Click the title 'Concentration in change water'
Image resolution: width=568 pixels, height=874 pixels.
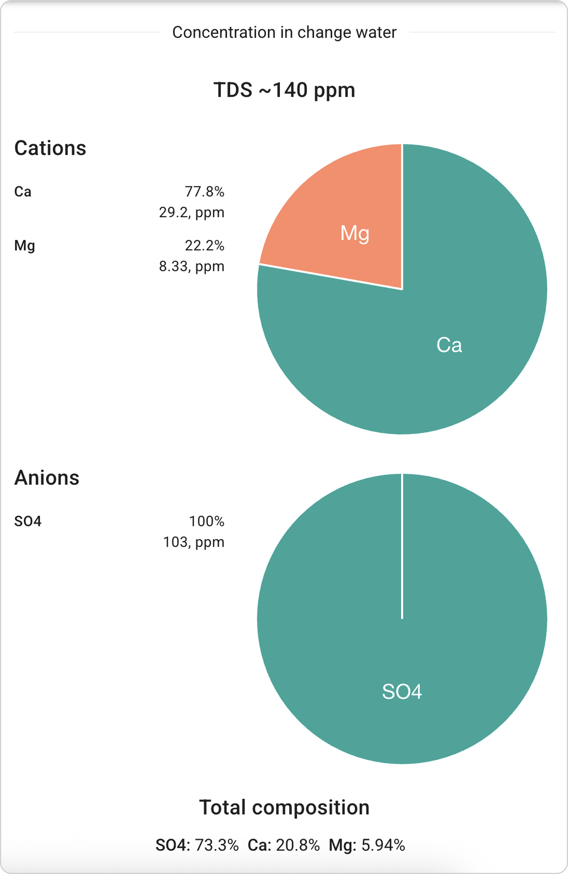[284, 32]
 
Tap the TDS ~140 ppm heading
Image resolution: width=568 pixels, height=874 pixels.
[284, 90]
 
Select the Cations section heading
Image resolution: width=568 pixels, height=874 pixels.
[50, 148]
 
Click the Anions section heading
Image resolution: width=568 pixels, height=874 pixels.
[47, 478]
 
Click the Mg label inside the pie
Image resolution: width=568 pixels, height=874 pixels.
[355, 234]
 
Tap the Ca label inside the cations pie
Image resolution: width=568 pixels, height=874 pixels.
[449, 345]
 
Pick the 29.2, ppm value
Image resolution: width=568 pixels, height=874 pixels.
[191, 212]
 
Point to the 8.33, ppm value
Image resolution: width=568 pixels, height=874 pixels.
[191, 266]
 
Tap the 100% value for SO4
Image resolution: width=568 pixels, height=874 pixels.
[206, 521]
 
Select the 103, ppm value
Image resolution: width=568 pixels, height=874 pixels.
[193, 542]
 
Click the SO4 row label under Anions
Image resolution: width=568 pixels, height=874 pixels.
[28, 521]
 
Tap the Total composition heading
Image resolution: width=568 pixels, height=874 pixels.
[284, 807]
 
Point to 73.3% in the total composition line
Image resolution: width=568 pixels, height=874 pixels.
[217, 845]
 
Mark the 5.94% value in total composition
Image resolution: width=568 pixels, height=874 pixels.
[383, 845]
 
